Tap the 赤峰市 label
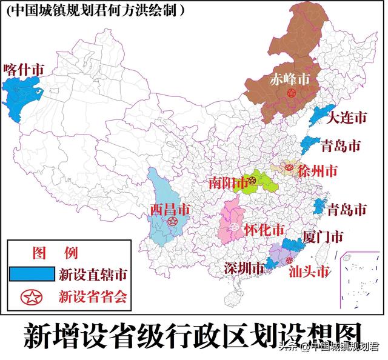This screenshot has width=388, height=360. [289, 79]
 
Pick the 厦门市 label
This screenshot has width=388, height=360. [324, 236]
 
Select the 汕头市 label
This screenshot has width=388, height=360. [309, 270]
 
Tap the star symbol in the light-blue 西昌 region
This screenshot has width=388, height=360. [173, 222]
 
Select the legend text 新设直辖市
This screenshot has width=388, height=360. [93, 275]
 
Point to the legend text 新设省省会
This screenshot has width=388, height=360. [93, 296]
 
